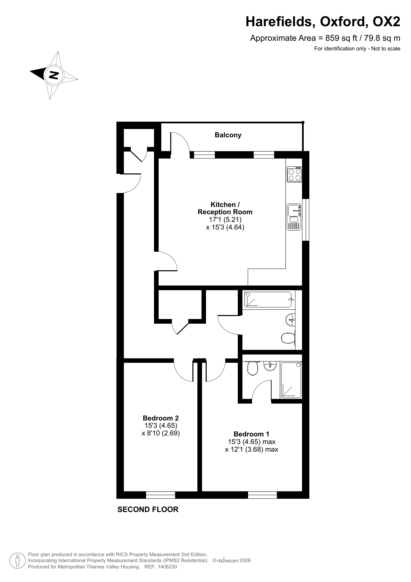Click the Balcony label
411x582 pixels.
[x=228, y=135]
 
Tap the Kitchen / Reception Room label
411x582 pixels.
[x=225, y=208]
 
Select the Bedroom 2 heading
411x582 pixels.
[x=161, y=418]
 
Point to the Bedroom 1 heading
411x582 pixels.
[x=251, y=434]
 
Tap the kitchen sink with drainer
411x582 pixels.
[x=294, y=217]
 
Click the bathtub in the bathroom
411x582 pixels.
[x=269, y=299]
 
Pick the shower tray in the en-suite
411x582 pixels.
[x=291, y=380]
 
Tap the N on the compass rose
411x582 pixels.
[x=53, y=75]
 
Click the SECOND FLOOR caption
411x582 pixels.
[x=148, y=510]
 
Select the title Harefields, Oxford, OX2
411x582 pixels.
[x=323, y=22]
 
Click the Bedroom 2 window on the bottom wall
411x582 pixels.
[x=161, y=495]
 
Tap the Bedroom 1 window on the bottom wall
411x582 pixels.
[x=262, y=495]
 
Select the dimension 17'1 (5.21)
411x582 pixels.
[x=225, y=220]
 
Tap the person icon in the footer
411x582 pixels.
[x=18, y=561]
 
